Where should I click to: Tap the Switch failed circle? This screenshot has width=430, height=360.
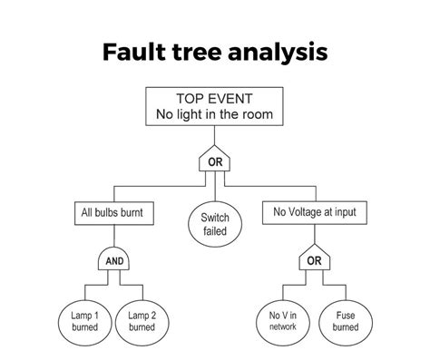pyautogui.click(x=214, y=223)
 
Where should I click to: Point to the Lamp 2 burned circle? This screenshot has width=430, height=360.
pyautogui.click(x=142, y=321)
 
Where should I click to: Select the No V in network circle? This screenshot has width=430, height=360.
pyautogui.click(x=281, y=321)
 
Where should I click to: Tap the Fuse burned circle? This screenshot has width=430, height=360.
pyautogui.click(x=345, y=321)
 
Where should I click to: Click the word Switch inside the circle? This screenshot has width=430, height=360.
pyautogui.click(x=214, y=218)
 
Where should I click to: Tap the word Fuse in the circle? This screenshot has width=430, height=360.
pyautogui.click(x=345, y=315)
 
